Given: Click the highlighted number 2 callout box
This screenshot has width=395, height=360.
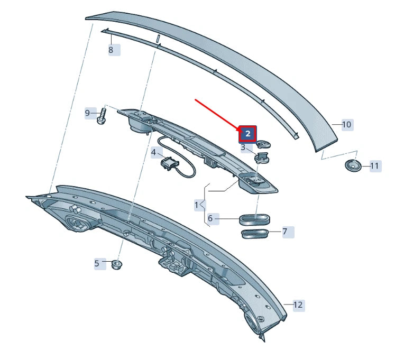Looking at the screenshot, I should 247,134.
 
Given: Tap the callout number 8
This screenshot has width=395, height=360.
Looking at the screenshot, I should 111,50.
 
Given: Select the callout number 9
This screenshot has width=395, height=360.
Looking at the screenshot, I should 88,113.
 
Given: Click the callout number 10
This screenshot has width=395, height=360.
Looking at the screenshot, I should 346,125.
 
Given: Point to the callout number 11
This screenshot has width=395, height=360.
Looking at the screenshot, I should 374,166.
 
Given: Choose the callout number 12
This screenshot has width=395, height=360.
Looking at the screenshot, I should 298,304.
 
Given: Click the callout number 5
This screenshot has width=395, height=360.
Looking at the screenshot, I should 97,263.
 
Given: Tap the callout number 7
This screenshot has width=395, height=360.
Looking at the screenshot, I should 284,232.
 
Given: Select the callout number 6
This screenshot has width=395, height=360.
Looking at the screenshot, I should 210,218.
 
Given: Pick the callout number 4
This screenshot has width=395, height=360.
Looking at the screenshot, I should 154,153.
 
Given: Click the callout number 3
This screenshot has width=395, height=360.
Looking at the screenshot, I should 243,147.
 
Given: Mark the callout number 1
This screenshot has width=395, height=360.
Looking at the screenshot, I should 197,204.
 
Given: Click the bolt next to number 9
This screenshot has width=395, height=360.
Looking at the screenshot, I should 102,116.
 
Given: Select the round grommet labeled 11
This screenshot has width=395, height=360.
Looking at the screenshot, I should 352,165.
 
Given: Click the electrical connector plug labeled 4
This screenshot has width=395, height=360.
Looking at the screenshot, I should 169,163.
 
